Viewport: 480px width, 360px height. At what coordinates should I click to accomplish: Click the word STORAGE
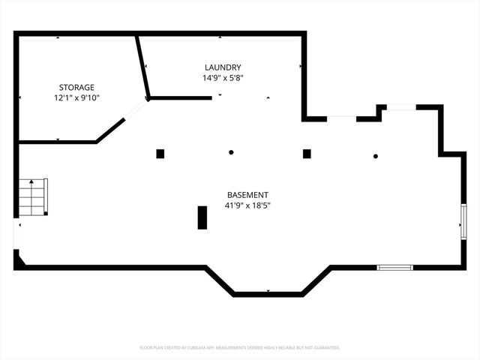coord(77,87)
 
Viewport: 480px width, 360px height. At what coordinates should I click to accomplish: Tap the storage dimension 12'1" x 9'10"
coord(77,97)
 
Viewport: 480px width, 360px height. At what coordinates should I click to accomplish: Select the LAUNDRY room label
coord(223,67)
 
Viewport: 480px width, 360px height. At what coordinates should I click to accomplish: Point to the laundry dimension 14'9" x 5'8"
coord(223,77)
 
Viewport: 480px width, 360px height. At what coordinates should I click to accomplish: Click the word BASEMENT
coord(247,194)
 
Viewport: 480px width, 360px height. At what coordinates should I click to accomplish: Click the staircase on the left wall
coord(33,196)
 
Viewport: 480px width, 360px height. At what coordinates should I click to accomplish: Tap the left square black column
coord(160,154)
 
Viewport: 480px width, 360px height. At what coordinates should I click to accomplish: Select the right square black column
coord(307,154)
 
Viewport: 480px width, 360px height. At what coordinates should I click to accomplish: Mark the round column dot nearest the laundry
coord(231,152)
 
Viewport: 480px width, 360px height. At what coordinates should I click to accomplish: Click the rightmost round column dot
coord(376,156)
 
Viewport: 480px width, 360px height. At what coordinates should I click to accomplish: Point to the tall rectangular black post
coord(202,217)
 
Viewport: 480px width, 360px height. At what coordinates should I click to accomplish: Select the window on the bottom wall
coord(394,267)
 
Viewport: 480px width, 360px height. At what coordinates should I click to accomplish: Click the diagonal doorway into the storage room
coord(136,109)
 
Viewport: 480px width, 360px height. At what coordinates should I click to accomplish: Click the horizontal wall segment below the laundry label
coord(180,97)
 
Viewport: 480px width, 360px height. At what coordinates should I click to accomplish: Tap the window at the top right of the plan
coord(401,107)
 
